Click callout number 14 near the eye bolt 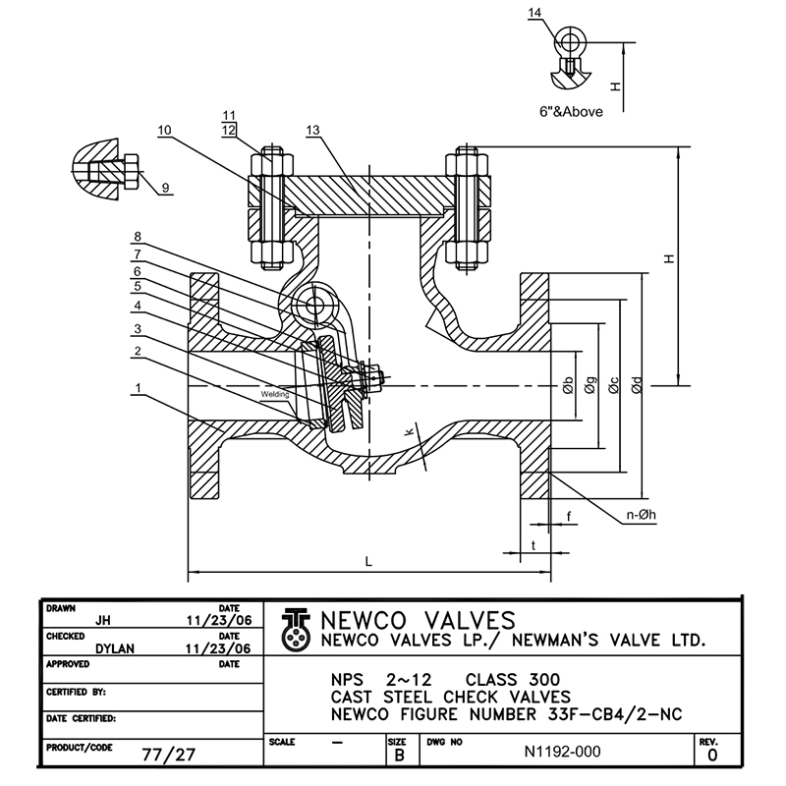point(562,13)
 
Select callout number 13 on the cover point(313,130)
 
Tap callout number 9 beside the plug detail point(164,187)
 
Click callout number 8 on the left point(139,237)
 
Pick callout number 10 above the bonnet point(164,130)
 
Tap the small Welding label point(274,394)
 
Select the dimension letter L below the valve point(368,561)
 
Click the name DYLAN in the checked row point(116,648)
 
